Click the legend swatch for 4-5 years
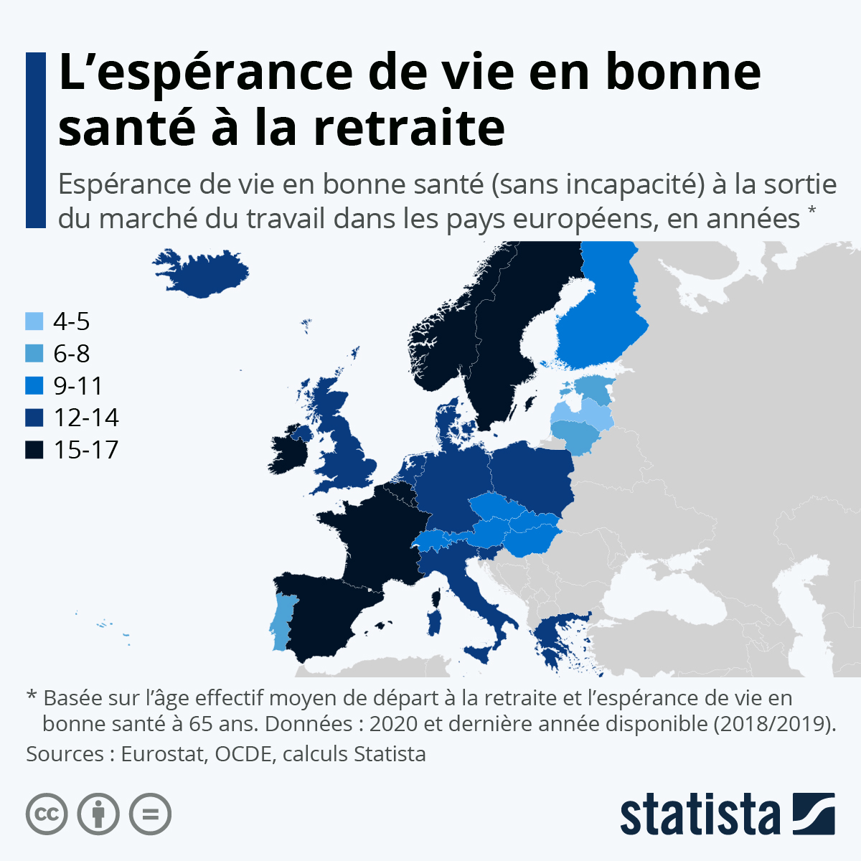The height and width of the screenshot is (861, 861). coord(34,321)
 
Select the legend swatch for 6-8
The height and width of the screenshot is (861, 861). coord(34,354)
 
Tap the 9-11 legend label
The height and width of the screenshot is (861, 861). coord(78,386)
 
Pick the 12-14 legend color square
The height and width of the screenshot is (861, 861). coord(34,418)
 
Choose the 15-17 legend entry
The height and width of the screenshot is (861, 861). coord(72,450)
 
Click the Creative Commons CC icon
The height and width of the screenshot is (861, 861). coord(47,814)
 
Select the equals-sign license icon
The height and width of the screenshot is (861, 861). coord(150,814)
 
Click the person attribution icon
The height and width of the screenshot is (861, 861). coord(98,814)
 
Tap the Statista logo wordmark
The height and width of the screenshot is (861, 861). coord(700,814)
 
